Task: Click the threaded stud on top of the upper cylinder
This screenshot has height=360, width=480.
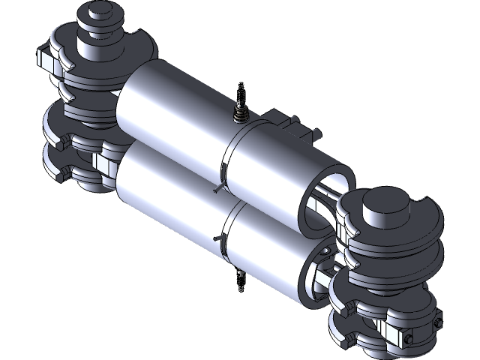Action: pos(241,105)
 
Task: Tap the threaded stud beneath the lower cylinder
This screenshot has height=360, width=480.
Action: pos(239,279)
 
